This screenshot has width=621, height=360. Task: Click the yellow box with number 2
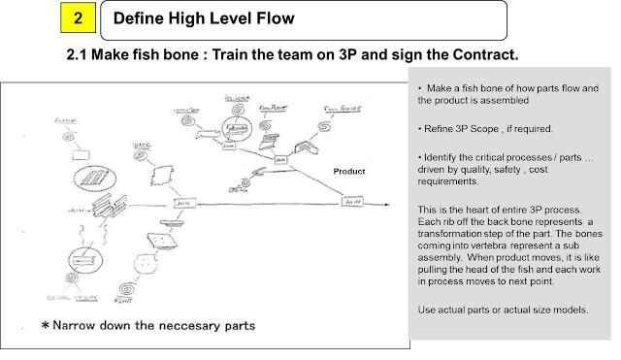pos(77,17)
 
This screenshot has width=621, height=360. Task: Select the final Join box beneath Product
pos(351,201)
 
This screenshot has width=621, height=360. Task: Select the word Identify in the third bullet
pos(438,155)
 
